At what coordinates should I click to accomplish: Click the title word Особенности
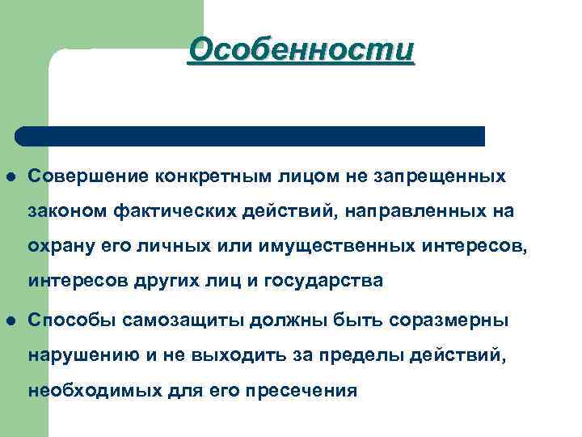tap(302, 49)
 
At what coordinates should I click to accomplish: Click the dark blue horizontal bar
tap(251, 136)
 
